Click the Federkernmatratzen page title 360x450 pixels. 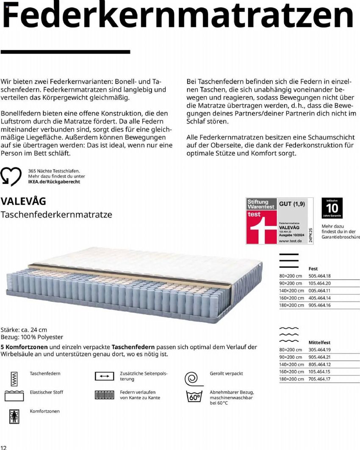[178, 16]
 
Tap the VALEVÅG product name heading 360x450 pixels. [24, 200]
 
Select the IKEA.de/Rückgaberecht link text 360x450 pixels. [54, 182]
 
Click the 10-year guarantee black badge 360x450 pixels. [332, 208]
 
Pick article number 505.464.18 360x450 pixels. [320, 276]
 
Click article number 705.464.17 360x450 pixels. [320, 379]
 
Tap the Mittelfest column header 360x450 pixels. [319, 342]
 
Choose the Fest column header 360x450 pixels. [313, 269]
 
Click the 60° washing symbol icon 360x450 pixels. [194, 397]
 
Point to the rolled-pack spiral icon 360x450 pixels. [193, 377]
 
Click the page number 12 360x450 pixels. [4, 447]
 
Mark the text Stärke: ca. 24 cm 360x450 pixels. [24, 329]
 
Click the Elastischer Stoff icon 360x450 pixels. [14, 396]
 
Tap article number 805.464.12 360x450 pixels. [320, 364]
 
